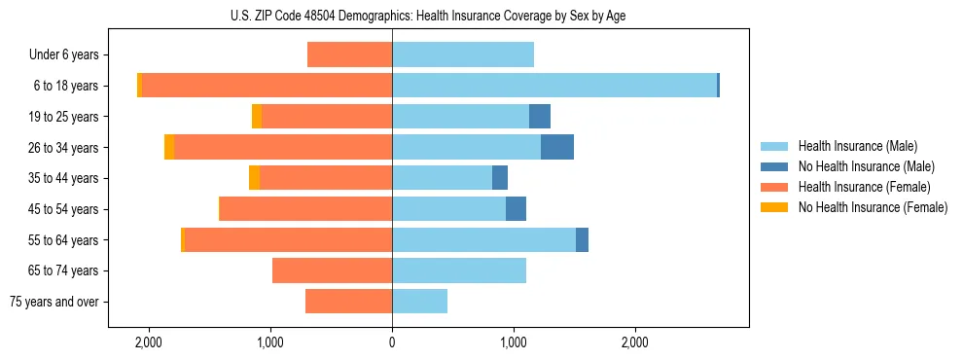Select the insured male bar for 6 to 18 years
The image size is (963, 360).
[x=554, y=86]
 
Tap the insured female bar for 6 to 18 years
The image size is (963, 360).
[x=267, y=86]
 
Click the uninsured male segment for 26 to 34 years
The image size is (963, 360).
[x=557, y=147]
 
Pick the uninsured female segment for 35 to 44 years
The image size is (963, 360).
[x=254, y=178]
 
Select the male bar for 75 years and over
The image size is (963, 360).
[x=419, y=302]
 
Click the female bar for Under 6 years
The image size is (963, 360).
[x=349, y=54]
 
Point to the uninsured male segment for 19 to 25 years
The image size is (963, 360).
[x=540, y=117]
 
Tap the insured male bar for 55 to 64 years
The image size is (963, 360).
[x=483, y=239]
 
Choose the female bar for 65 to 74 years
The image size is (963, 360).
[x=332, y=270]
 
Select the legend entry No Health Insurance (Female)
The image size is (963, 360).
[x=873, y=207]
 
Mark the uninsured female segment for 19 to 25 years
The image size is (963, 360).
[x=257, y=117]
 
